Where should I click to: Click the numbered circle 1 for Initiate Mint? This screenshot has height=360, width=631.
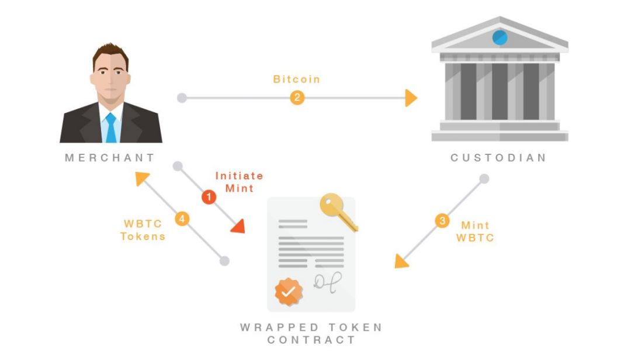point(209,198)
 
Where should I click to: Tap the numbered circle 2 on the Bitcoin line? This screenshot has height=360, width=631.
point(297,98)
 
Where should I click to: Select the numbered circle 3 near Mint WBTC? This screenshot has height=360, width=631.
point(442,221)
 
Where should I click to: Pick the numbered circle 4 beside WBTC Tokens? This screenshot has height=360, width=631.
point(182,219)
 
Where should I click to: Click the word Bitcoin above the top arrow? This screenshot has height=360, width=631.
point(297,79)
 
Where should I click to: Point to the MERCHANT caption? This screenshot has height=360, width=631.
point(110,158)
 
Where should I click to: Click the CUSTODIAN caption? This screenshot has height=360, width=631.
point(498,158)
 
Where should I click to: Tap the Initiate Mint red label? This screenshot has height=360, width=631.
point(239,182)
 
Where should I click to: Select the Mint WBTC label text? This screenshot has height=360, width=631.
point(475,231)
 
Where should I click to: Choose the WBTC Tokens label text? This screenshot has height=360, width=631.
point(143,230)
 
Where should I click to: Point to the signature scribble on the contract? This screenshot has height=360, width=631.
point(327,282)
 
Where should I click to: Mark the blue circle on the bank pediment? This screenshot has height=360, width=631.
point(500,38)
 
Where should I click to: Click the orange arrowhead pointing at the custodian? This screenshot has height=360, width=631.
point(411,98)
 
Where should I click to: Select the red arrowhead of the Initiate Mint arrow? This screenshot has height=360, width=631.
point(238,226)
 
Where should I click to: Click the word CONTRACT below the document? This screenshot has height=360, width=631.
point(311,340)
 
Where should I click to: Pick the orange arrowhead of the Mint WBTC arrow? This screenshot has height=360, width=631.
point(402,261)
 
